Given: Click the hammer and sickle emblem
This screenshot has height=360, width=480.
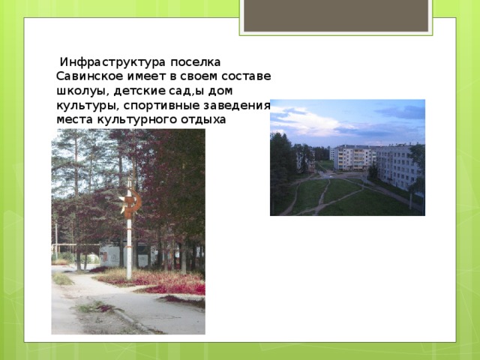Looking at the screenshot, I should (130, 203).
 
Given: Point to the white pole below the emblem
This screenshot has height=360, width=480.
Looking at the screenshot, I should (129, 247).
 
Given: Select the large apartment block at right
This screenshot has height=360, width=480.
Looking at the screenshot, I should (397, 166).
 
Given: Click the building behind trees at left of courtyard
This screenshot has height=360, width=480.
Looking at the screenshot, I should (304, 158).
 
